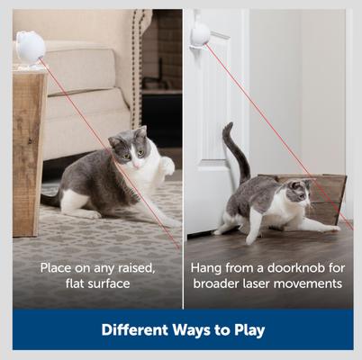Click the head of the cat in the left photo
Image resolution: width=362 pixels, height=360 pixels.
pos(130,148)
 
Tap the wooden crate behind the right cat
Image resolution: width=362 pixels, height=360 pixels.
pos(324,193)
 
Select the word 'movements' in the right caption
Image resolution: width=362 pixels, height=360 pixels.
pos(312,284)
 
